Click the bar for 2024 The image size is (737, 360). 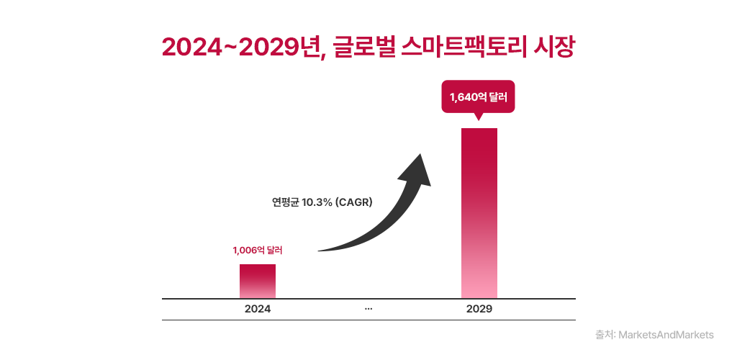pyautogui.click(x=258, y=281)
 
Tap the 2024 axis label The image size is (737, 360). pyautogui.click(x=258, y=309)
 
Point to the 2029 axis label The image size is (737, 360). pyautogui.click(x=479, y=309)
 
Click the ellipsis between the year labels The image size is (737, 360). pyautogui.click(x=368, y=309)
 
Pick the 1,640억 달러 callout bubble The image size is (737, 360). pyautogui.click(x=479, y=96)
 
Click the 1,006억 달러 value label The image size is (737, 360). pyautogui.click(x=258, y=251)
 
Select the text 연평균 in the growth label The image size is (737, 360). pyautogui.click(x=281, y=202)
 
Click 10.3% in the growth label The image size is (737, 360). pyautogui.click(x=317, y=202)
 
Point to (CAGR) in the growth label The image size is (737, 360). pyautogui.click(x=354, y=202)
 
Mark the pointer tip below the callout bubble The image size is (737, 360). pyautogui.click(x=479, y=119)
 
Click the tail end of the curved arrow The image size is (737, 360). pyautogui.click(x=321, y=251)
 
